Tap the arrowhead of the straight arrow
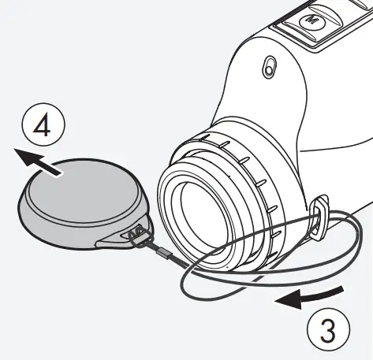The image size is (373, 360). pyautogui.click(x=24, y=157)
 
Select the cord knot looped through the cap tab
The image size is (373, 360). pyautogui.click(x=139, y=232)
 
